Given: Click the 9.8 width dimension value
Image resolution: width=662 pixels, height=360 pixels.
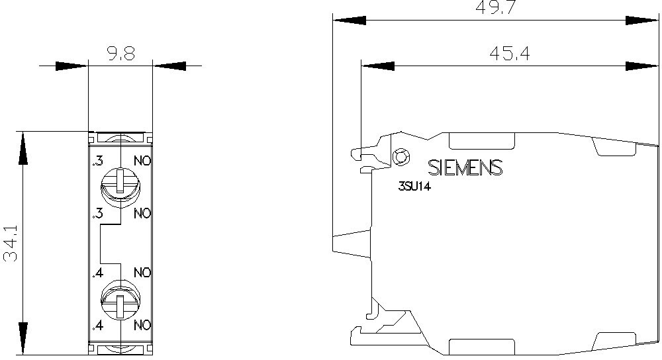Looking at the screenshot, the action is click(120, 54).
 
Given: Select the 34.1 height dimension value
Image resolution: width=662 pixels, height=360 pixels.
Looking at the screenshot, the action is click(11, 243).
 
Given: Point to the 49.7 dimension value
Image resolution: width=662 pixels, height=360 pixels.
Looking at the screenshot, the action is click(496, 7).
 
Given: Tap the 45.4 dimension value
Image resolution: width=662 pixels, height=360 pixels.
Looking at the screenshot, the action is click(510, 54).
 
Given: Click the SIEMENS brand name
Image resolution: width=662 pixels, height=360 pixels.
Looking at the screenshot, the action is click(465, 167).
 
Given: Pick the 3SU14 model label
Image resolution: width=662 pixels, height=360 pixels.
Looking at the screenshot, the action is click(414, 186).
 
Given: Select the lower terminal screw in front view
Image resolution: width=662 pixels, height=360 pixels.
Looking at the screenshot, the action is click(120, 300).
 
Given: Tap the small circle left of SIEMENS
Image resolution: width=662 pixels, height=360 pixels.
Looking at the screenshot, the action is click(401, 157).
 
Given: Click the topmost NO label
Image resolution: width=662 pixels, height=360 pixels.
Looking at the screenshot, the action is click(142, 161).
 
